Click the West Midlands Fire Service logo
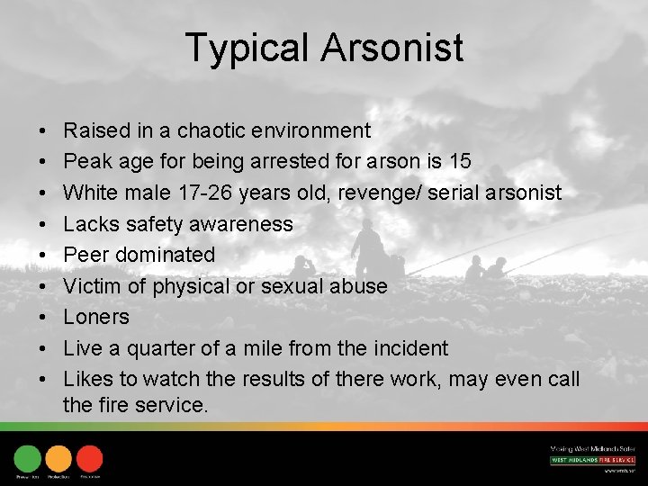pos(592,460)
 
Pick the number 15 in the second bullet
pos(459,162)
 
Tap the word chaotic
pos(214,131)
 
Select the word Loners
pos(96,317)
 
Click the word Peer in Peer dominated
pos(85,255)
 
